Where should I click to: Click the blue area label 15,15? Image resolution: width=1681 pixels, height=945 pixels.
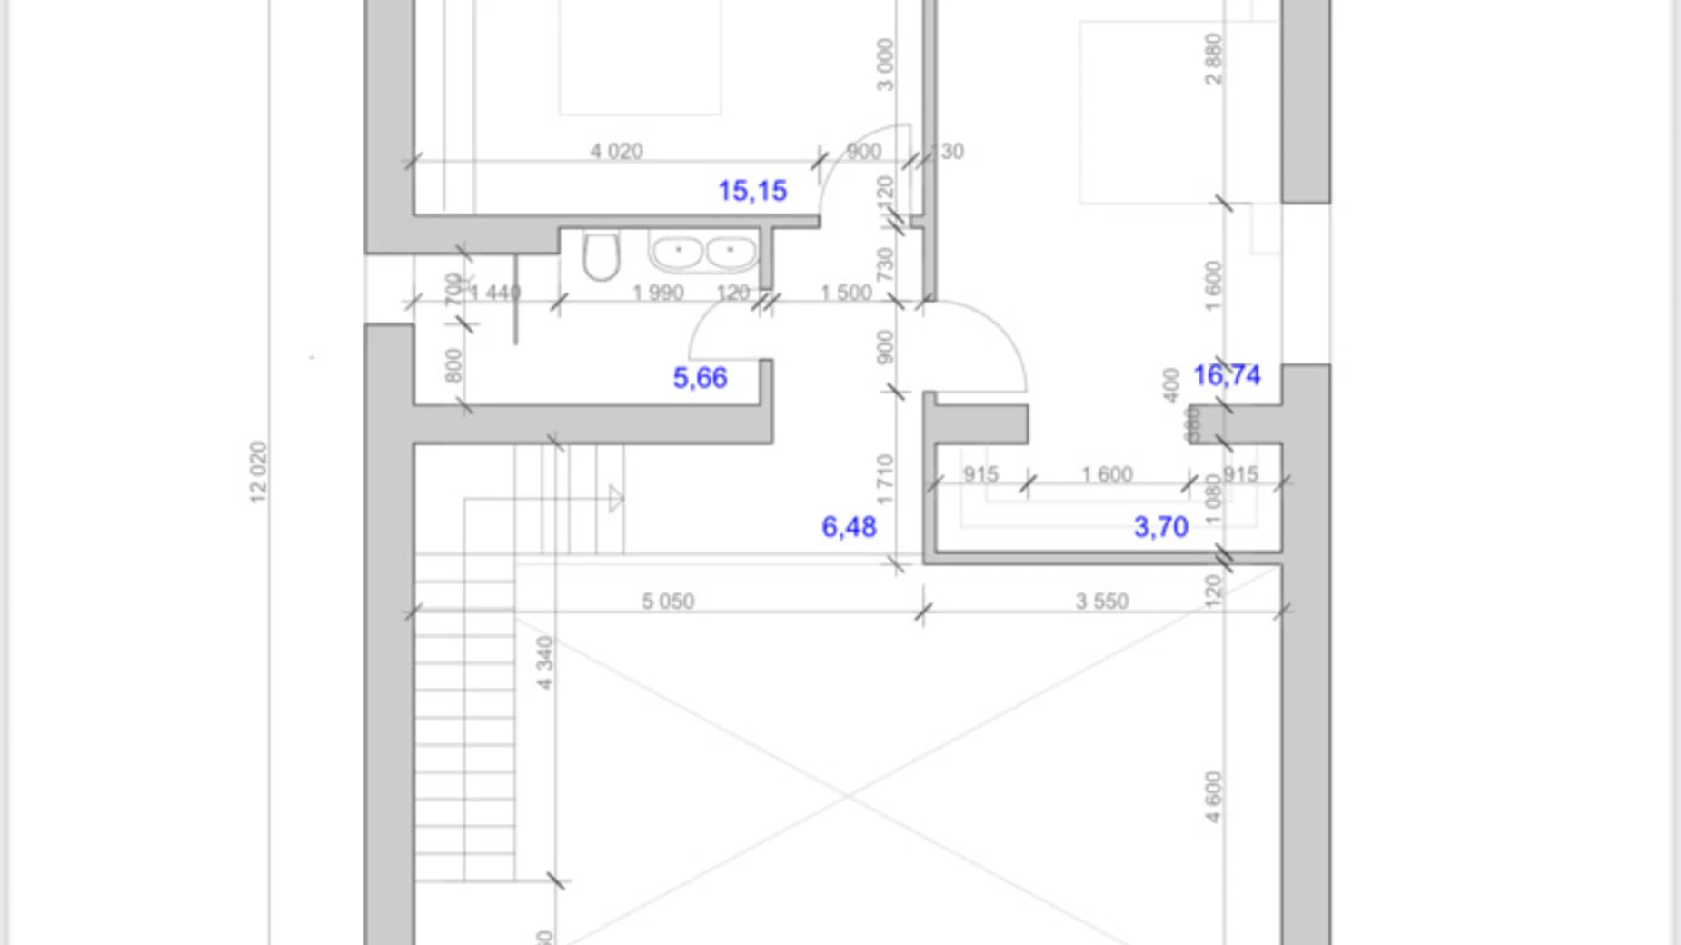(x=752, y=191)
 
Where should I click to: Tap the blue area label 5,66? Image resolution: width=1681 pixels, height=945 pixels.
(x=700, y=378)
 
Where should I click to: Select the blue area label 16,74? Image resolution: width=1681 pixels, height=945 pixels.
(x=1227, y=375)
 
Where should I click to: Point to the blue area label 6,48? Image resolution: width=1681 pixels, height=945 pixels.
(x=849, y=527)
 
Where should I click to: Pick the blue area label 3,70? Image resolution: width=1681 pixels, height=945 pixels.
(x=1160, y=527)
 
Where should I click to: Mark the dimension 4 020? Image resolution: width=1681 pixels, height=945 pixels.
(x=616, y=151)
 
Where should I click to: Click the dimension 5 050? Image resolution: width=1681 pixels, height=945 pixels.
(x=668, y=602)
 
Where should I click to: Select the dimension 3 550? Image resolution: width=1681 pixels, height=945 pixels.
(x=1101, y=602)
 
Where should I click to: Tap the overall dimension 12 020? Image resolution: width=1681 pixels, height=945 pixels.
(x=258, y=472)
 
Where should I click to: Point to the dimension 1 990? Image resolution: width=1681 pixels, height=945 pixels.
(x=658, y=293)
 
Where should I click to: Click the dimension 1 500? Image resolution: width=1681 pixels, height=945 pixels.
(x=845, y=293)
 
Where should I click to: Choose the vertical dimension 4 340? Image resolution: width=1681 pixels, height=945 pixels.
(x=544, y=663)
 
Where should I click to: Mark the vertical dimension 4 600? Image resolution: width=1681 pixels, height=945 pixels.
(x=1214, y=798)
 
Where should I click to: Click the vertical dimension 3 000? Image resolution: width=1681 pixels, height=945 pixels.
(x=885, y=65)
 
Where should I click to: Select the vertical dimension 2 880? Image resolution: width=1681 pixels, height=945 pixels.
(x=1214, y=59)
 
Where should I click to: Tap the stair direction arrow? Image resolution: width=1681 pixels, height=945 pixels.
(x=616, y=498)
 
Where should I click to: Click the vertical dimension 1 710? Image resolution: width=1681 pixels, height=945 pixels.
(x=886, y=480)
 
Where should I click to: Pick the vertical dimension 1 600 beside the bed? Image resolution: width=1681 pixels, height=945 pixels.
(x=1214, y=286)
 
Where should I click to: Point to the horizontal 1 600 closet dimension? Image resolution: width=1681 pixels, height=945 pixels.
(x=1106, y=474)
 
